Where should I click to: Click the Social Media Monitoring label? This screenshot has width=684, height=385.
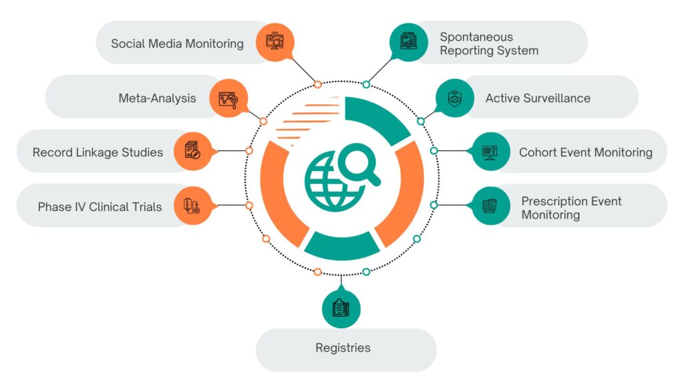tap(177, 44)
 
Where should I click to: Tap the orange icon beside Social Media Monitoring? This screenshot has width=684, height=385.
tap(275, 43)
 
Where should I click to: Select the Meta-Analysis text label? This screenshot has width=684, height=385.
tap(157, 98)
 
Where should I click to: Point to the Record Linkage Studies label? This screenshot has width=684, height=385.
tap(98, 152)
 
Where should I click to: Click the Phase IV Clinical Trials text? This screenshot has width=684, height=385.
tap(100, 207)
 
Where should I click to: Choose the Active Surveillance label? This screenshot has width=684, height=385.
tap(538, 98)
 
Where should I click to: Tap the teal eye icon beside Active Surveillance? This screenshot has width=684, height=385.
tap(456, 98)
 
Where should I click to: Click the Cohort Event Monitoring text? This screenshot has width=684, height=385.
tap(585, 152)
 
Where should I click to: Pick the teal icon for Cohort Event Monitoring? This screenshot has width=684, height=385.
tap(491, 151)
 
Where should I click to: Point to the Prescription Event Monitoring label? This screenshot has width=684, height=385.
tap(571, 207)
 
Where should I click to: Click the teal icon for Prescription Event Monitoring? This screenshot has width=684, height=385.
tap(491, 205)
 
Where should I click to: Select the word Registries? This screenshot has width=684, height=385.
tap(343, 348)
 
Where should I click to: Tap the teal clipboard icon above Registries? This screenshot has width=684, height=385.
tap(341, 307)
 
